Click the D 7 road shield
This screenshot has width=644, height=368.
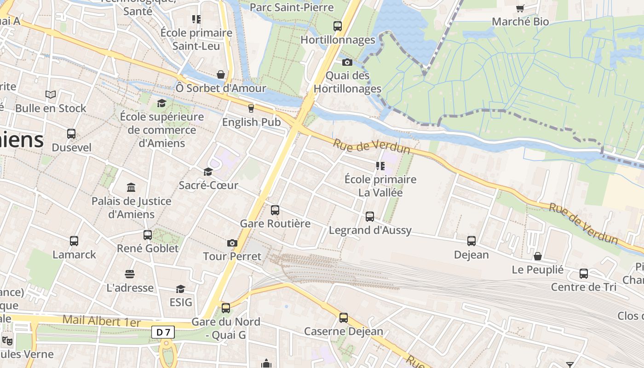[163, 332]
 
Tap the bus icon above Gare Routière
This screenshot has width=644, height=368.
[275, 210]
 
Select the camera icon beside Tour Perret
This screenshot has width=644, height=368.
[232, 243]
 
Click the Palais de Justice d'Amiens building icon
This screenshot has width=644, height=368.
[131, 188]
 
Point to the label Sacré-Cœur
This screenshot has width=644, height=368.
[208, 185]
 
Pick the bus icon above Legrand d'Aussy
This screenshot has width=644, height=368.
[370, 217]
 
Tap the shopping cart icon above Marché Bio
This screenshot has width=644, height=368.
[520, 8]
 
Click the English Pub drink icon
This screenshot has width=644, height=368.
[251, 109]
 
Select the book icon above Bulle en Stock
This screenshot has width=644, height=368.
[51, 95]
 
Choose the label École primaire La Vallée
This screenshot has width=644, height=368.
[380, 186]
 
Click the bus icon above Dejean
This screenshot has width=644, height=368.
[471, 241]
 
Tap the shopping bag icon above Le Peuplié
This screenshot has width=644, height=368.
[537, 256]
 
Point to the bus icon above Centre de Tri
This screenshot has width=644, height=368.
[584, 274]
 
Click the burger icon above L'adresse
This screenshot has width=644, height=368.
[130, 274]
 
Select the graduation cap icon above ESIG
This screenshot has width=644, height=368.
[180, 289]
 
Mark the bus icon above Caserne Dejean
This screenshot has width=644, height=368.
[344, 318]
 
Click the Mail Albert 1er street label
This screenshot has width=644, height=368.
[101, 321]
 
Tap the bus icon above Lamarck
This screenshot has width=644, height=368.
[74, 241]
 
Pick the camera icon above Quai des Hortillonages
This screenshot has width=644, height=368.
[347, 62]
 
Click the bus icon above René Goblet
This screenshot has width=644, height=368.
[148, 235]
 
